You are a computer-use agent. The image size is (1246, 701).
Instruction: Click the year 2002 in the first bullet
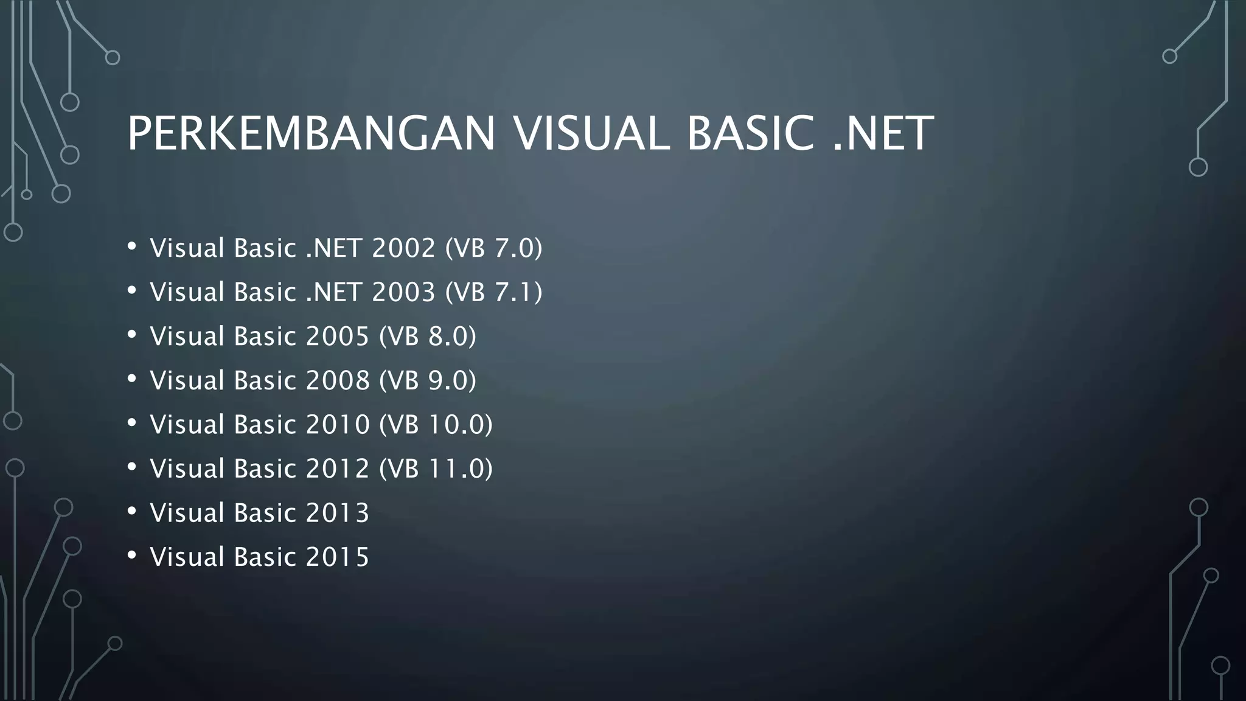click(403, 248)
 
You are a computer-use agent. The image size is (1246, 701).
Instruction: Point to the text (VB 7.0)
click(493, 248)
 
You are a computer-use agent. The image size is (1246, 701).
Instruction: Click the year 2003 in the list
click(403, 292)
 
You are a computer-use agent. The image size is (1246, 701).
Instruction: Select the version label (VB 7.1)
click(493, 292)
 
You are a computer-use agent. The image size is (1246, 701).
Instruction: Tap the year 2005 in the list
click(338, 337)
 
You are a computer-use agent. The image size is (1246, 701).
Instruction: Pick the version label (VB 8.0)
click(428, 337)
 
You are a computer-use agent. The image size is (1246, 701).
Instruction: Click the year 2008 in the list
click(338, 380)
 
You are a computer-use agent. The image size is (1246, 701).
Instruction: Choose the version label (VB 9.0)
click(428, 380)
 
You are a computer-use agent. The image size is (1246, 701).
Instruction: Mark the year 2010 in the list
click(338, 425)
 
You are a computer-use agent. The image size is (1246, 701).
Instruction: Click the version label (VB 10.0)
click(436, 425)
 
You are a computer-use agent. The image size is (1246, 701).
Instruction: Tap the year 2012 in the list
click(338, 469)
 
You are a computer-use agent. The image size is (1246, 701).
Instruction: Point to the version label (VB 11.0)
click(436, 469)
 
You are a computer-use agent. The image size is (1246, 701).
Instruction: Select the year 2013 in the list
click(338, 513)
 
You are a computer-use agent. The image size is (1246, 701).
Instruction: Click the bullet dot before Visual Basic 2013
click(132, 511)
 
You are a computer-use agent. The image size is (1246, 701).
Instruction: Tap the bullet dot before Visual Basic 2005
click(132, 335)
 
